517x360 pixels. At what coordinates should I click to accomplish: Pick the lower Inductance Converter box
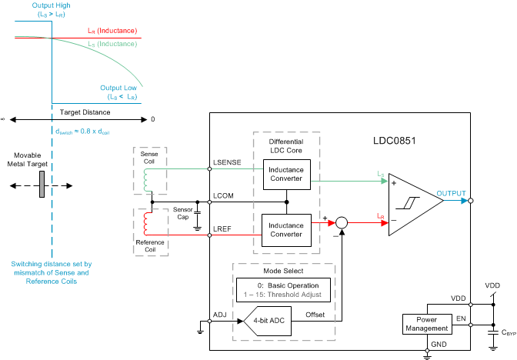pyautogui.click(x=286, y=230)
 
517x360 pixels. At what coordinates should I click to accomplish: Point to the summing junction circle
pyautogui.click(x=343, y=222)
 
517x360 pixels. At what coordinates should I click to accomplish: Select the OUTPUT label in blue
pyautogui.click(x=452, y=193)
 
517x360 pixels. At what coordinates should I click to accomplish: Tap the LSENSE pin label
pyautogui.click(x=227, y=163)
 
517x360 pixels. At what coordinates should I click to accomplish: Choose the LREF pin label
pyautogui.click(x=223, y=229)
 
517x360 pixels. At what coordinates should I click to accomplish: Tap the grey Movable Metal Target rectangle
pyautogui.click(x=38, y=185)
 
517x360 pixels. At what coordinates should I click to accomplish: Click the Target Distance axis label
pyautogui.click(x=85, y=112)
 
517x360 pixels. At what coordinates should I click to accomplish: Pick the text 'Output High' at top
pyautogui.click(x=51, y=5)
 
